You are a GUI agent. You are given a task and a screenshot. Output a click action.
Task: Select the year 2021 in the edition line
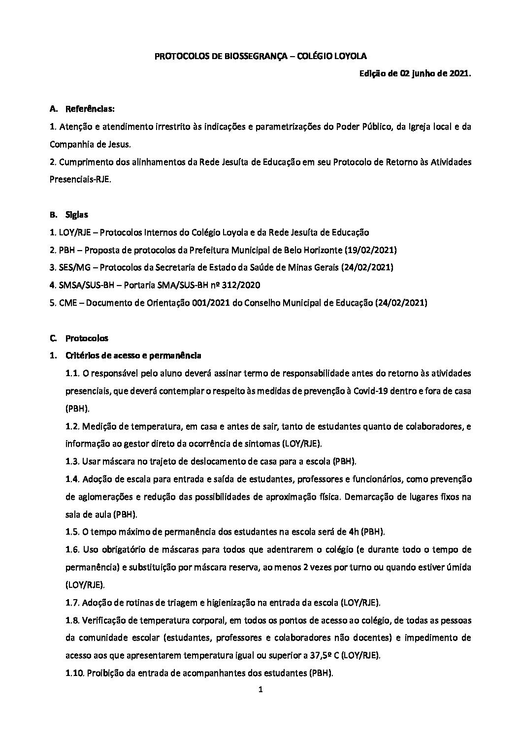[x=460, y=74]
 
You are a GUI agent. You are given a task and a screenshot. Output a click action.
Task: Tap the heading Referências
[x=90, y=109]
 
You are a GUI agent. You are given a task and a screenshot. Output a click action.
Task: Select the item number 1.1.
[x=72, y=374]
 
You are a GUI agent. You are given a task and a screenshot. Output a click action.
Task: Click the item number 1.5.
[x=72, y=532]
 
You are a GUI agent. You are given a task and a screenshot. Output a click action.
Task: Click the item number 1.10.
[x=74, y=673]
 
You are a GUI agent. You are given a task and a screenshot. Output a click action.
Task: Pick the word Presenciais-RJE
[x=80, y=180]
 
